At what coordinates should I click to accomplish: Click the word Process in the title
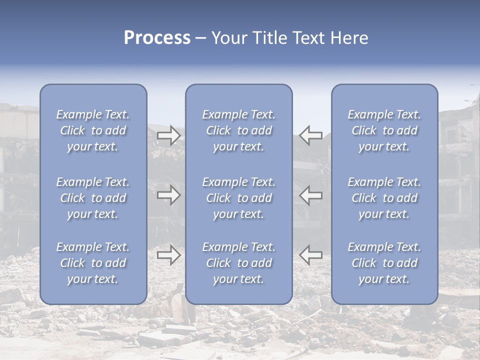[157, 38]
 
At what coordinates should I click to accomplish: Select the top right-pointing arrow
[169, 135]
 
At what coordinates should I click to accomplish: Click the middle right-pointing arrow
[169, 195]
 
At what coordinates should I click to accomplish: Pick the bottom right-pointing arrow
[169, 254]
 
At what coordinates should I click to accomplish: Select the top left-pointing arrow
[310, 135]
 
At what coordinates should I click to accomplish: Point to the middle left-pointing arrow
[310, 195]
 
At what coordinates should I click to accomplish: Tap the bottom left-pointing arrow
[310, 254]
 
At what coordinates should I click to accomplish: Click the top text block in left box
[93, 130]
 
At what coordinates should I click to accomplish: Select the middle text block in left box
[93, 198]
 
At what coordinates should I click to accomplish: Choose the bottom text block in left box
[93, 263]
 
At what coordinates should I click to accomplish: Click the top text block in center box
[239, 130]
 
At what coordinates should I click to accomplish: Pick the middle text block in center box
[239, 198]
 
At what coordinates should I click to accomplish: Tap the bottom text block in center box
[239, 263]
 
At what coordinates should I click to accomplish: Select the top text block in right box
[384, 130]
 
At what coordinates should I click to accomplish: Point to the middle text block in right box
[384, 198]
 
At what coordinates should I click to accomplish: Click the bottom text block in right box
[384, 263]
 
